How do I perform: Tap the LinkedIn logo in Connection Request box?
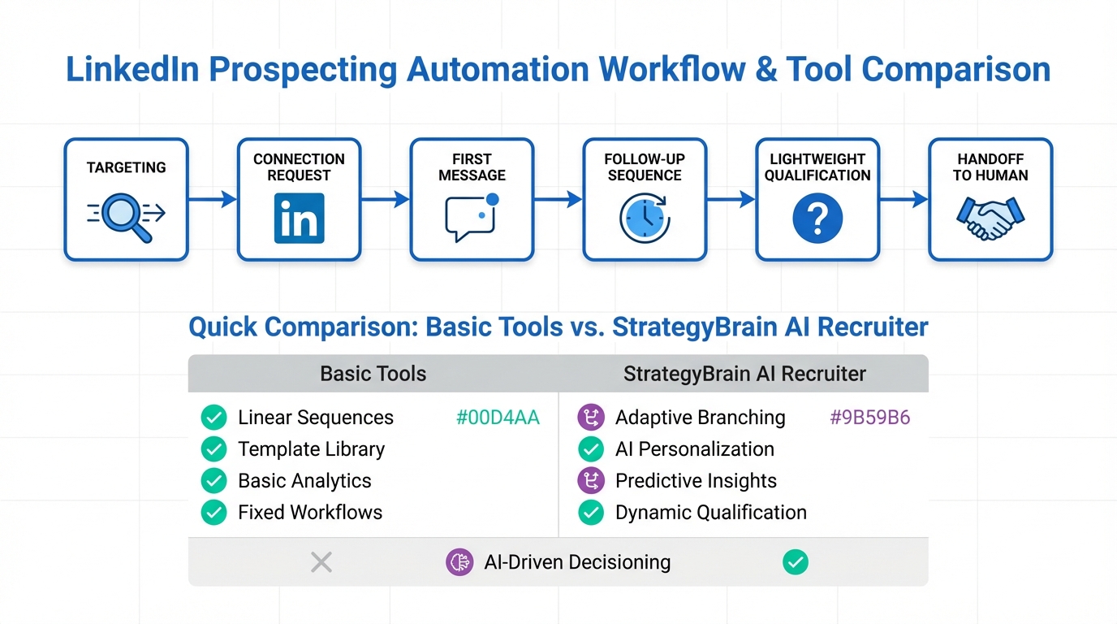point(299,218)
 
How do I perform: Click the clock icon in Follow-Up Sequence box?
point(645,219)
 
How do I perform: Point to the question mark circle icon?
point(817,219)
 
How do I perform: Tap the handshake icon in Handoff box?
point(990,219)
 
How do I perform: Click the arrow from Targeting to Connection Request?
point(212,199)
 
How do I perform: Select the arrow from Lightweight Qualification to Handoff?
point(904,199)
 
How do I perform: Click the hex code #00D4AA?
point(498,418)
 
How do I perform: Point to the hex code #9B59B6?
point(869,418)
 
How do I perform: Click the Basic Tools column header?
point(373,374)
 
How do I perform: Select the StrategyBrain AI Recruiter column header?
point(744,374)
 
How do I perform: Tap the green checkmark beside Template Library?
point(213,449)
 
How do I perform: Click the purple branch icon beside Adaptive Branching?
point(590,418)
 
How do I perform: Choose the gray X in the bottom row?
point(321,561)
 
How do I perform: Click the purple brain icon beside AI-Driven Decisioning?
point(459,562)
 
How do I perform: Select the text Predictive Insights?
point(696,481)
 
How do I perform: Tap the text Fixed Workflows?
point(309,513)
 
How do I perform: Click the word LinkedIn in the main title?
point(132,70)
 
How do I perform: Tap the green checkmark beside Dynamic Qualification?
point(590,513)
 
